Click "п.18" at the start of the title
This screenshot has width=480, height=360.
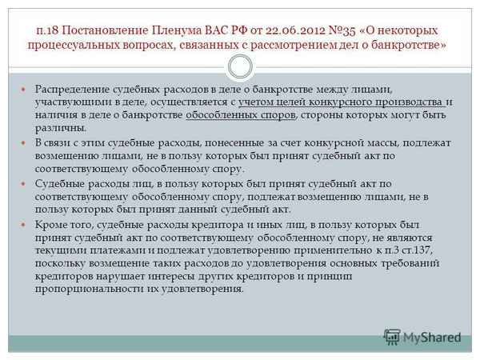tap(50, 30)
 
